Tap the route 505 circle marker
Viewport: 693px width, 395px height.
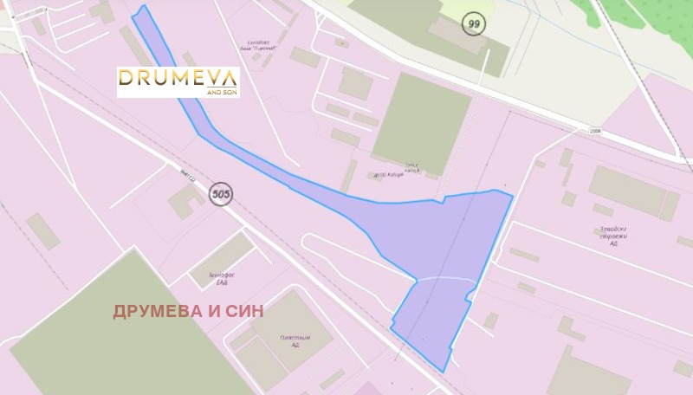pos(221,194)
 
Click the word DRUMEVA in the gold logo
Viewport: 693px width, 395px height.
pos(171,78)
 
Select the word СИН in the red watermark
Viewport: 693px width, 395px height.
pos(242,311)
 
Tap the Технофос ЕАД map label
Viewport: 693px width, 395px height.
pos(210,277)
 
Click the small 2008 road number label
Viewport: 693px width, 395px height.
pos(593,131)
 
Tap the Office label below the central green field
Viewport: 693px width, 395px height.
pos(411,166)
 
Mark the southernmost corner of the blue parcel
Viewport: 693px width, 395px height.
pos(444,371)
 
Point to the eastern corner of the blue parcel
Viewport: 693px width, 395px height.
pos(512,196)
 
